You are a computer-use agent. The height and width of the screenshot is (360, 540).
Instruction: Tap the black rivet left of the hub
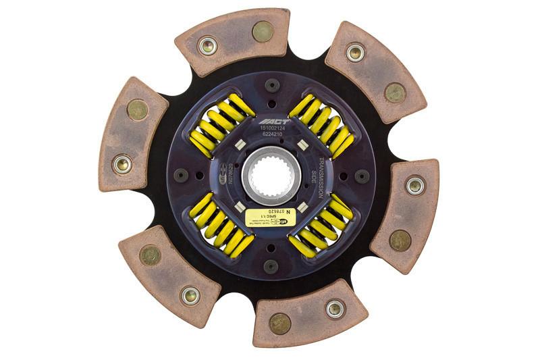click(x=181, y=175)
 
